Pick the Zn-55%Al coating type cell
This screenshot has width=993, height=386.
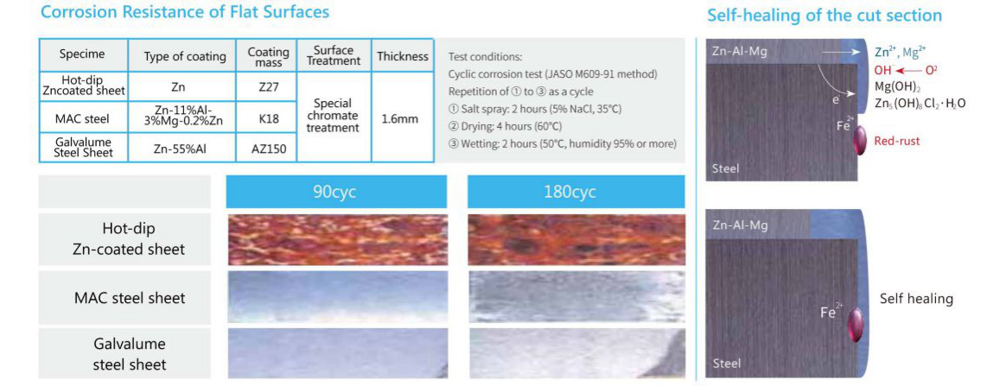[x=181, y=149]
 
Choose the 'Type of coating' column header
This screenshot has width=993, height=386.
[x=181, y=55]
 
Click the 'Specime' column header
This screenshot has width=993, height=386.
[x=83, y=55]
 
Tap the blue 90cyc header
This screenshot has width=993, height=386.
[x=336, y=192]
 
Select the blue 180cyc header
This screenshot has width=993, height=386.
[x=576, y=192]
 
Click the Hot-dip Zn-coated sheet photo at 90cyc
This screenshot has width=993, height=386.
[x=337, y=240]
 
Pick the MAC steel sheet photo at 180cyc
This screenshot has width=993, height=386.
[x=576, y=297]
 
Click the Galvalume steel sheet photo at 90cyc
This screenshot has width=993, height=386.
[x=337, y=353]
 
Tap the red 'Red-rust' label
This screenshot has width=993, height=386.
[x=897, y=141]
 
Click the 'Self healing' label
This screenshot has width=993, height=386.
[x=916, y=299]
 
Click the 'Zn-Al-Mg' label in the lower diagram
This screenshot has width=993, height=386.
[x=739, y=225]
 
